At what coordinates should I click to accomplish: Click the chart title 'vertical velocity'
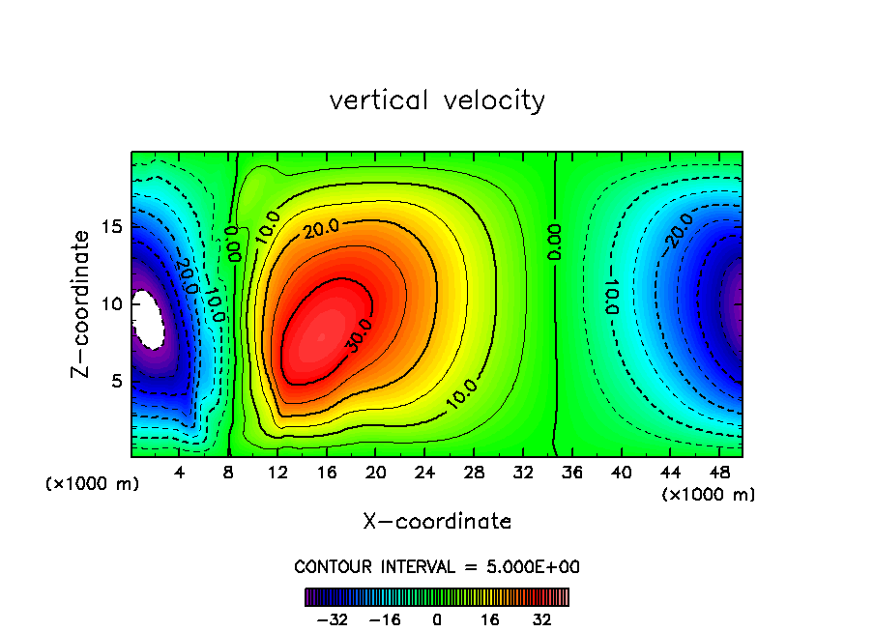click(437, 101)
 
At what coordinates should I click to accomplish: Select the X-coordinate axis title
click(437, 522)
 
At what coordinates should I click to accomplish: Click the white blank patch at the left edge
click(148, 319)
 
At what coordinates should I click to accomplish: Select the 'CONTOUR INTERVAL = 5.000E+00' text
click(437, 566)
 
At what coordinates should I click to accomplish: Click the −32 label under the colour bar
click(332, 619)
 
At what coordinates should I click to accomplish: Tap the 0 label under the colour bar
click(437, 619)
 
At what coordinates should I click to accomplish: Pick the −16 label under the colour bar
click(385, 619)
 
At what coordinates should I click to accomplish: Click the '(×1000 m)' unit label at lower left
click(93, 484)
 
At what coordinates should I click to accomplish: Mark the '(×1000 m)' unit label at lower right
click(709, 495)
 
